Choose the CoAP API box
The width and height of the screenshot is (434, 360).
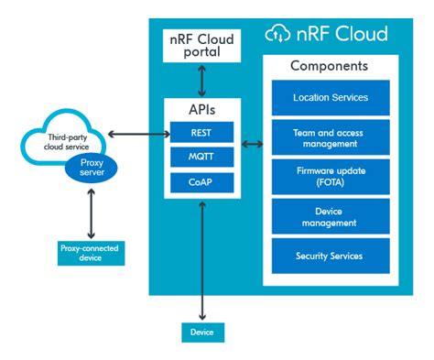tap(201, 183)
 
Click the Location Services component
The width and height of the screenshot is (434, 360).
tap(331, 97)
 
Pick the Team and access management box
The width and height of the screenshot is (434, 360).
tap(331, 136)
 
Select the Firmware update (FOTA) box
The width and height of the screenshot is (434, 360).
tap(331, 176)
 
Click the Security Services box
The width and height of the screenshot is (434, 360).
tap(331, 255)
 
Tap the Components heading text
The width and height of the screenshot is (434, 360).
tap(330, 67)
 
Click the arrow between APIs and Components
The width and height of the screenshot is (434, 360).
tap(251, 145)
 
